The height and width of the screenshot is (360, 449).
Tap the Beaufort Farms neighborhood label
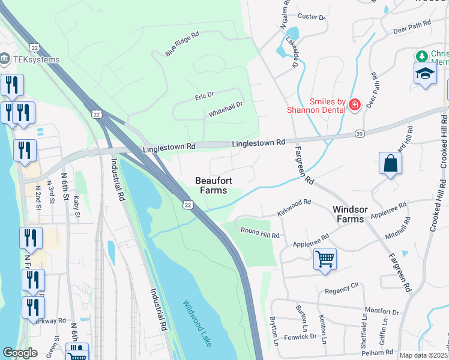click(211, 185)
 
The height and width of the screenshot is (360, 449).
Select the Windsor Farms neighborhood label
click(357, 214)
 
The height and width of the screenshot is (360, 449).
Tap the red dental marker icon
click(354, 106)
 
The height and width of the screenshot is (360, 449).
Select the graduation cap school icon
click(426, 74)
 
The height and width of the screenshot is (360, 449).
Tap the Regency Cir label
click(341, 290)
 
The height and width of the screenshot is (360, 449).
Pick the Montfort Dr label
click(382, 312)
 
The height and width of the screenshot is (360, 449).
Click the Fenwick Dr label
click(300, 337)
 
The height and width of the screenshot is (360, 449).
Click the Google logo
click(20, 353)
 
